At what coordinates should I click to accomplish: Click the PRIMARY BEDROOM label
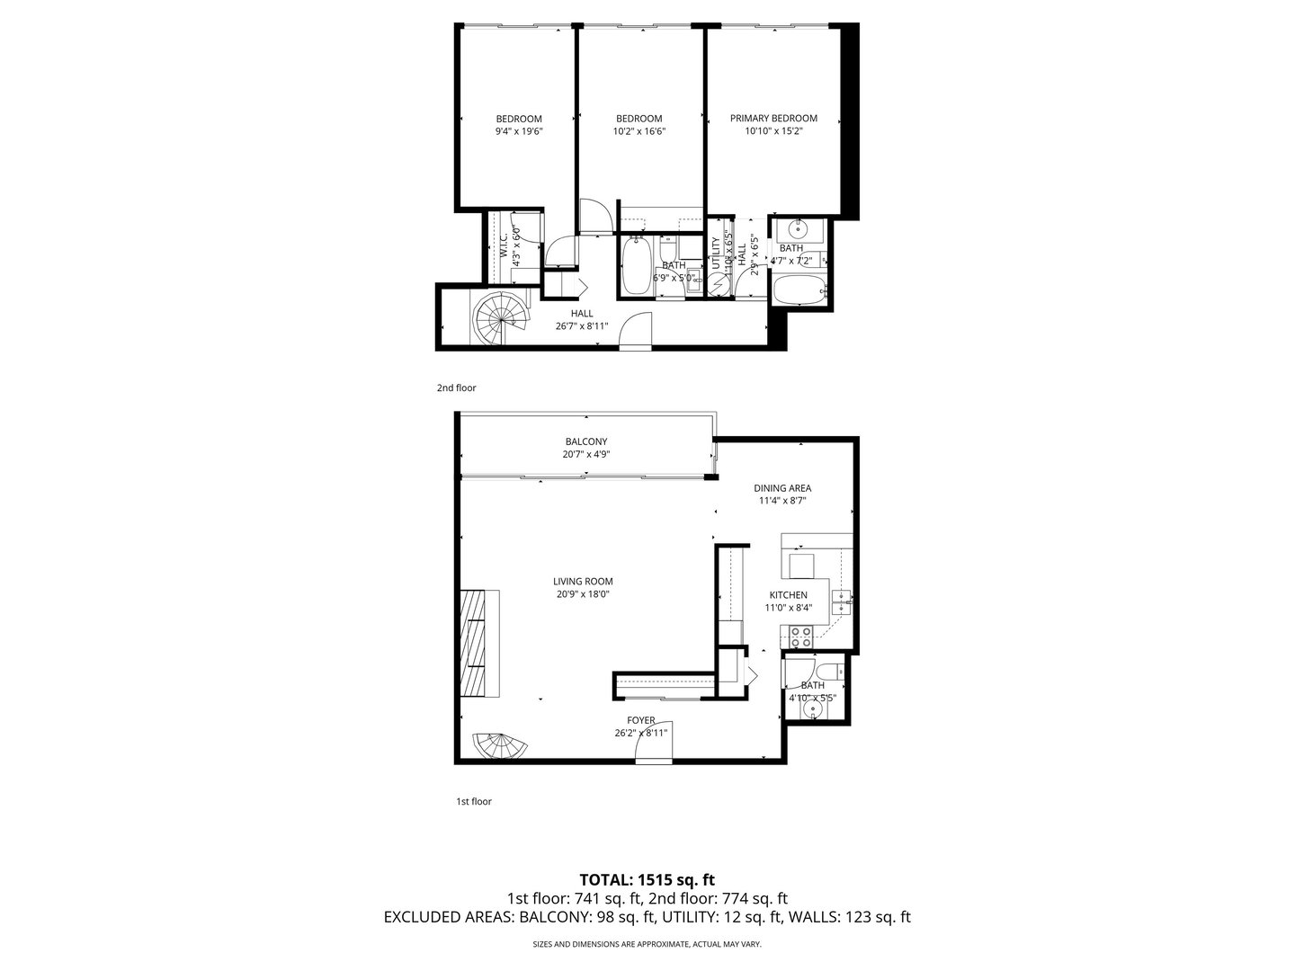click(773, 119)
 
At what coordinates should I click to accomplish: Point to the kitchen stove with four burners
click(801, 637)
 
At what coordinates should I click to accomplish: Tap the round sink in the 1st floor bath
click(814, 709)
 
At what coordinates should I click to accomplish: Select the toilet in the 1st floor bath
click(831, 671)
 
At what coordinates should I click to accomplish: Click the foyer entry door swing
click(655, 748)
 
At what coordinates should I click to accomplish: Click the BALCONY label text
click(586, 441)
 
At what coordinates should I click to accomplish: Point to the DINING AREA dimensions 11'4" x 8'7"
click(781, 501)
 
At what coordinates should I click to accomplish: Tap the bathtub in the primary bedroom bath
click(799, 291)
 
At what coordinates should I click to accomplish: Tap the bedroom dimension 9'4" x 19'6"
click(519, 131)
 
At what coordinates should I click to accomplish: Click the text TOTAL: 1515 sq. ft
click(647, 879)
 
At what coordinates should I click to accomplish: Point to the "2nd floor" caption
click(456, 388)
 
